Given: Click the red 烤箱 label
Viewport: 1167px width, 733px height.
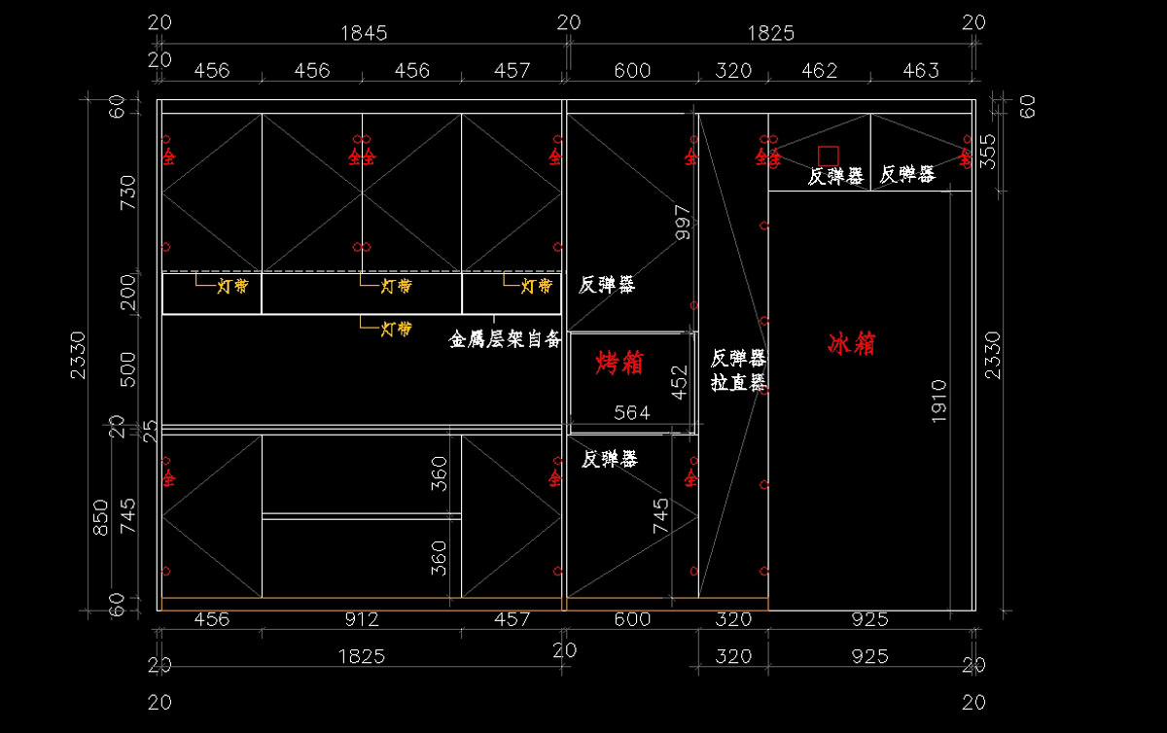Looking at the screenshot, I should click(619, 364).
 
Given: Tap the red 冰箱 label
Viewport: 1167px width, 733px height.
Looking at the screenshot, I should click(852, 343).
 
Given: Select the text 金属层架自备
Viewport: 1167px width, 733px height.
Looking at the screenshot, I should click(505, 339).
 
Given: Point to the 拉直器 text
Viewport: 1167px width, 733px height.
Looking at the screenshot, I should click(738, 382).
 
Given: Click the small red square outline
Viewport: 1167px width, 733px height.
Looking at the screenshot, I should click(828, 156).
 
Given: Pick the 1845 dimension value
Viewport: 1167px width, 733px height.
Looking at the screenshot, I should click(364, 33).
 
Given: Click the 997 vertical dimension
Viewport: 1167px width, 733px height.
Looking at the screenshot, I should click(683, 223).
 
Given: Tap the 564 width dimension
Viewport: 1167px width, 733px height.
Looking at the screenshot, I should click(631, 413).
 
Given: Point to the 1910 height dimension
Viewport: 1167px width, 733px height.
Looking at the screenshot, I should click(938, 399).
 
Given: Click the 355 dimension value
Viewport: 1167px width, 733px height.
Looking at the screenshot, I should click(989, 152).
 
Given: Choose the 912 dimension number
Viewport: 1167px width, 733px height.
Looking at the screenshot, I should click(362, 619).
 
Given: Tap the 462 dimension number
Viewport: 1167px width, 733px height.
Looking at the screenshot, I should click(819, 70).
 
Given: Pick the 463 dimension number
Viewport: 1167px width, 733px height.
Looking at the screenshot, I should click(920, 70).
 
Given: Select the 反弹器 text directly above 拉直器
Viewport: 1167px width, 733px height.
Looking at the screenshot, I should click(738, 358).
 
